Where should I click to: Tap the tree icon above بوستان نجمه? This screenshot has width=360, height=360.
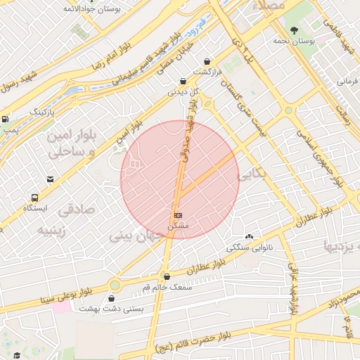294,30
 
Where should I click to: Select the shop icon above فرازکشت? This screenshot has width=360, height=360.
206,61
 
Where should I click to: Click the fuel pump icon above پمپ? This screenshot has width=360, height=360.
6,120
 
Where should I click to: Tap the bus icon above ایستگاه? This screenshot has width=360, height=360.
34,198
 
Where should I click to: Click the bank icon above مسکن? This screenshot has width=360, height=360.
178,214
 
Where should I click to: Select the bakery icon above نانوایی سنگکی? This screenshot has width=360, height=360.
249,237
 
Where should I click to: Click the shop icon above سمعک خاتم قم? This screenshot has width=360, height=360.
166,276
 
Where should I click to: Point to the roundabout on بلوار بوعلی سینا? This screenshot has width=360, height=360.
115,285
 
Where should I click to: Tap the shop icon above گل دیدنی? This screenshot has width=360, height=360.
183,81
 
